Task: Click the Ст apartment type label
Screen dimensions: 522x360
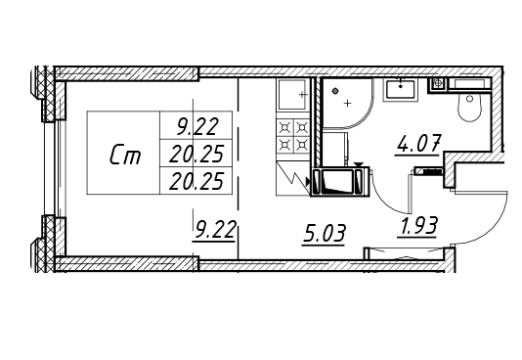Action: pos(125,155)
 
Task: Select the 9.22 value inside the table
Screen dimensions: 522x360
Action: pos(197,126)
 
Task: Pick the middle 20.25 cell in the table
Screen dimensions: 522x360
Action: pos(196,154)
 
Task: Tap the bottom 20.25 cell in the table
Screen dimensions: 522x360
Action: pos(196,181)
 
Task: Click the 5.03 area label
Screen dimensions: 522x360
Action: pos(324,234)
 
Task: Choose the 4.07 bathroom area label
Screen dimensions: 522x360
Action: pos(418,144)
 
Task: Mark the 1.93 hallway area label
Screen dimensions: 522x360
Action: pos(416,226)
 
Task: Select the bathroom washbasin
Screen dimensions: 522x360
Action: pos(401,90)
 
